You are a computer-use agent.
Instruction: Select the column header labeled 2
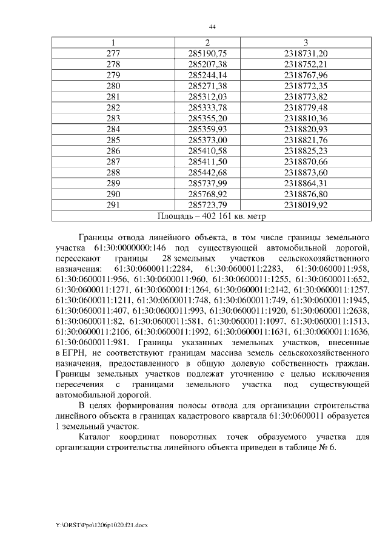(x=207, y=42)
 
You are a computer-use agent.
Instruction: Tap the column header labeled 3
(x=306, y=42)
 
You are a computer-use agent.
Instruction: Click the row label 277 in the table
(x=113, y=53)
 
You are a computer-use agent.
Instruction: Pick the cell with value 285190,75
(x=207, y=53)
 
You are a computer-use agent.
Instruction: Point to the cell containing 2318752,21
(x=306, y=64)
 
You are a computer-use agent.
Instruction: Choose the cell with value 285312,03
(x=207, y=97)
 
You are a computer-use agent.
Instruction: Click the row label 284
(x=113, y=129)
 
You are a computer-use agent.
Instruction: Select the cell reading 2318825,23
(x=306, y=151)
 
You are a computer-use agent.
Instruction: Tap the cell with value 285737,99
(x=207, y=183)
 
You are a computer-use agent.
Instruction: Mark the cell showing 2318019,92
(x=306, y=205)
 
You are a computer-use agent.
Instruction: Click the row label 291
(x=113, y=205)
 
